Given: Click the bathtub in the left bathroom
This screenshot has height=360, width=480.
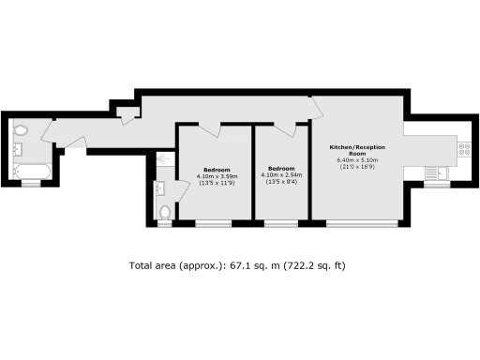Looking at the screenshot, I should click(x=32, y=171).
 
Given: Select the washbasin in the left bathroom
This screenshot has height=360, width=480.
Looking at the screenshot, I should click(x=17, y=148).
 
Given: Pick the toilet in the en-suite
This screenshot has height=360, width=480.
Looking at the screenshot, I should click(x=165, y=212).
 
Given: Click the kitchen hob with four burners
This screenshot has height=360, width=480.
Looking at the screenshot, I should click(x=463, y=146).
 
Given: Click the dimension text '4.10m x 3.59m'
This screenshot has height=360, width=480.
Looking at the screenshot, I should click(x=217, y=176).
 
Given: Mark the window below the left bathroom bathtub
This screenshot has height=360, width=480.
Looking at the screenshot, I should click(x=32, y=184).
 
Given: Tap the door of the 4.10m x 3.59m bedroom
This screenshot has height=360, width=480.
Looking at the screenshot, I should click(x=208, y=127).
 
